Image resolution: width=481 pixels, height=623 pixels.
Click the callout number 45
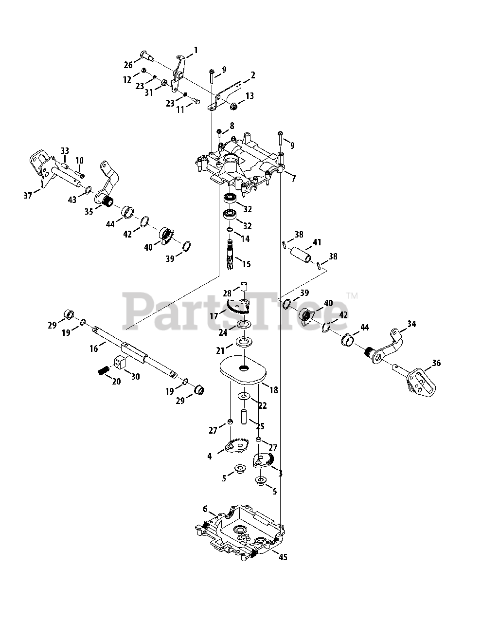point(283,557)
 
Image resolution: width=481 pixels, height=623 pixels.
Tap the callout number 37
point(28,195)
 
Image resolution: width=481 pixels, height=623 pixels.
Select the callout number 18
point(273,390)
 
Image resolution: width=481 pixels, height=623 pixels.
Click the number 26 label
point(128,65)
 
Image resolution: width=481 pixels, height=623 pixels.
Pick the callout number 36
point(436,363)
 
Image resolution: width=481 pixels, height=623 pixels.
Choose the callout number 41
point(317,242)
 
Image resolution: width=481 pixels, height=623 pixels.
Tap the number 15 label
point(246,264)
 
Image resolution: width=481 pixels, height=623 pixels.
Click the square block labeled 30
point(120,362)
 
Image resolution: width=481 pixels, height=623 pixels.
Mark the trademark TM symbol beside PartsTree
point(353,295)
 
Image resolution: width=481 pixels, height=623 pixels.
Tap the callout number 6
point(205,509)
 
